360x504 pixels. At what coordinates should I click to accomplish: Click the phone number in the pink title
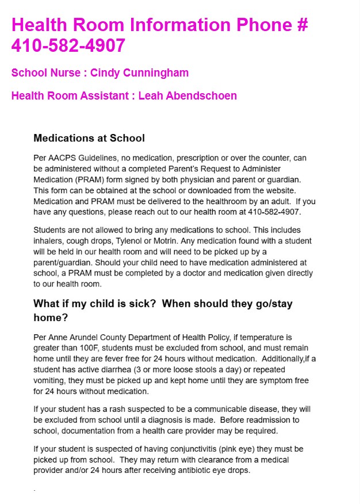click(68, 45)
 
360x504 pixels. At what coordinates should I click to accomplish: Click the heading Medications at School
click(89, 138)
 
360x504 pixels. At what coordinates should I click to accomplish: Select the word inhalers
click(48, 240)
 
